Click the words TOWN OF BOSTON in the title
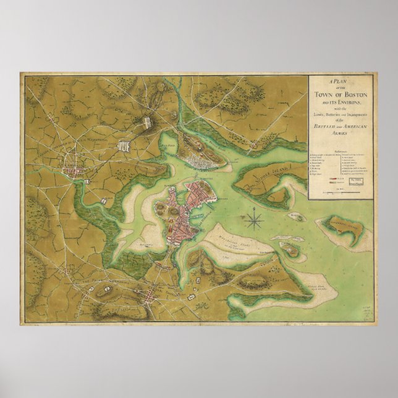(342, 93)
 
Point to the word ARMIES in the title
(341, 133)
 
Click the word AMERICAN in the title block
(355, 126)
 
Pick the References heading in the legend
(341, 149)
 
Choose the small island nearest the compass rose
(297, 216)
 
